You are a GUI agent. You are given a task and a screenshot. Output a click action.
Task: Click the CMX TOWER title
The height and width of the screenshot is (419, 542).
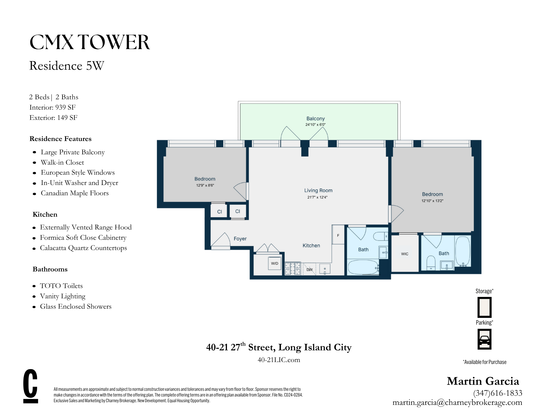(x=89, y=42)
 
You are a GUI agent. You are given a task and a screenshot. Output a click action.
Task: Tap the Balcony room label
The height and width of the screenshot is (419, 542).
(x=315, y=119)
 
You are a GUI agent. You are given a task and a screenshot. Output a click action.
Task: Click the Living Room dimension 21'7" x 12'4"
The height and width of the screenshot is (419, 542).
(x=317, y=197)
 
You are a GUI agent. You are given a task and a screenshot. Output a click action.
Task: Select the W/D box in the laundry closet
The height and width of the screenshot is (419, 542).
(x=274, y=263)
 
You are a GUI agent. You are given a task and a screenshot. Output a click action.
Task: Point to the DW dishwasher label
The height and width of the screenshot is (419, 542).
(x=309, y=270)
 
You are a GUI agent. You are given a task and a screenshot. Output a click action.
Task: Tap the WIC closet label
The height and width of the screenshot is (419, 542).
(x=405, y=254)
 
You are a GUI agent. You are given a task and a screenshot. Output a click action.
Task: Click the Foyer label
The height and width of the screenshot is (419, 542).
(x=240, y=239)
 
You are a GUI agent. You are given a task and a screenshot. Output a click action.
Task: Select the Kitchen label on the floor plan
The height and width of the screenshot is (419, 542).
(x=311, y=245)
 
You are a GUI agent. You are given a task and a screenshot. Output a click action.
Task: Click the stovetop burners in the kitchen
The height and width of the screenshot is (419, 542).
(x=293, y=268)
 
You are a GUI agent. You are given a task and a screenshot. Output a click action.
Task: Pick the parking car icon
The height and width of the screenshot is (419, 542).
(x=484, y=339)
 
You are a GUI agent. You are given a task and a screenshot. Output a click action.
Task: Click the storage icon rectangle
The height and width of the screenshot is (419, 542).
(x=484, y=307)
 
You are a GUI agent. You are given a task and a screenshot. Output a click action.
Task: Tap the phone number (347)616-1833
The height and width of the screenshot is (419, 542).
(x=498, y=393)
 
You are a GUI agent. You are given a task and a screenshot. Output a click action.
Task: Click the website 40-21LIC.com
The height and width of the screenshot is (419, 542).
(x=279, y=360)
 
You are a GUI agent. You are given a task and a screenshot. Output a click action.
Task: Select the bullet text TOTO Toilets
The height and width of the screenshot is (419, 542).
(x=61, y=286)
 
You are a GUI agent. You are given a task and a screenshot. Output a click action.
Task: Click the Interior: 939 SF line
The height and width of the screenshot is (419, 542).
(x=52, y=107)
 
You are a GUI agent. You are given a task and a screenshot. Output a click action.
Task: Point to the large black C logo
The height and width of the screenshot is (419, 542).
(x=30, y=386)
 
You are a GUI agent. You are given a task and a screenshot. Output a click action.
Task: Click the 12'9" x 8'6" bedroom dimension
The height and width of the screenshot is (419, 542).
(x=205, y=185)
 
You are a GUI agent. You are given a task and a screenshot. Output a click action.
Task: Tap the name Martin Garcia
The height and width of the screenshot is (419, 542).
(x=483, y=381)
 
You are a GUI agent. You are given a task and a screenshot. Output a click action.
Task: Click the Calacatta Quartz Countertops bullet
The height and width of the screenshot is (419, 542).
(x=83, y=248)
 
